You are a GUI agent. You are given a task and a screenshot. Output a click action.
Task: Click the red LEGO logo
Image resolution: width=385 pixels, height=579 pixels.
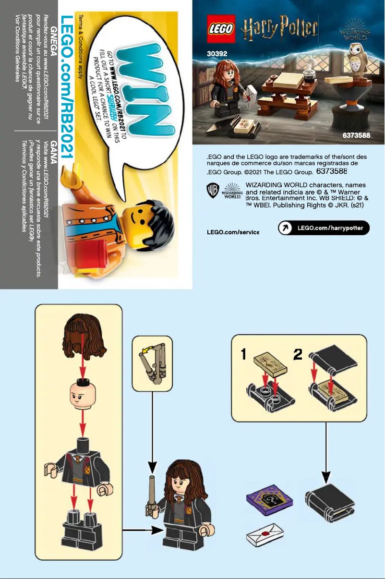(221, 28)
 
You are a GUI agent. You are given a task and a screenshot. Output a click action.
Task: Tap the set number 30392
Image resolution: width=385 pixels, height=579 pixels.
(217, 54)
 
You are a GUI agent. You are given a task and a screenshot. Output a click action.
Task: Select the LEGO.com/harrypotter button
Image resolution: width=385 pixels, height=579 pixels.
(324, 228)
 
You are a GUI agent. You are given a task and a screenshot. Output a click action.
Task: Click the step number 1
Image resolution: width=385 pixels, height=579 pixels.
(244, 355)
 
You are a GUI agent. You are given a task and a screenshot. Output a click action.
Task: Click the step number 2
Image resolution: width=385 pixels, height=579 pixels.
(298, 355)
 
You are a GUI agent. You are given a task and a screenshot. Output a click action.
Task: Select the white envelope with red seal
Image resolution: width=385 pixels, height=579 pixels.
(265, 537)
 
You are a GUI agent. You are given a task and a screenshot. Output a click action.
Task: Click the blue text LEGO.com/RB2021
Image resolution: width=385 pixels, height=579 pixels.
(67, 86)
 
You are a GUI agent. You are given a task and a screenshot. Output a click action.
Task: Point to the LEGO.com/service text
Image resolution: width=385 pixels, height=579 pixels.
(233, 232)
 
